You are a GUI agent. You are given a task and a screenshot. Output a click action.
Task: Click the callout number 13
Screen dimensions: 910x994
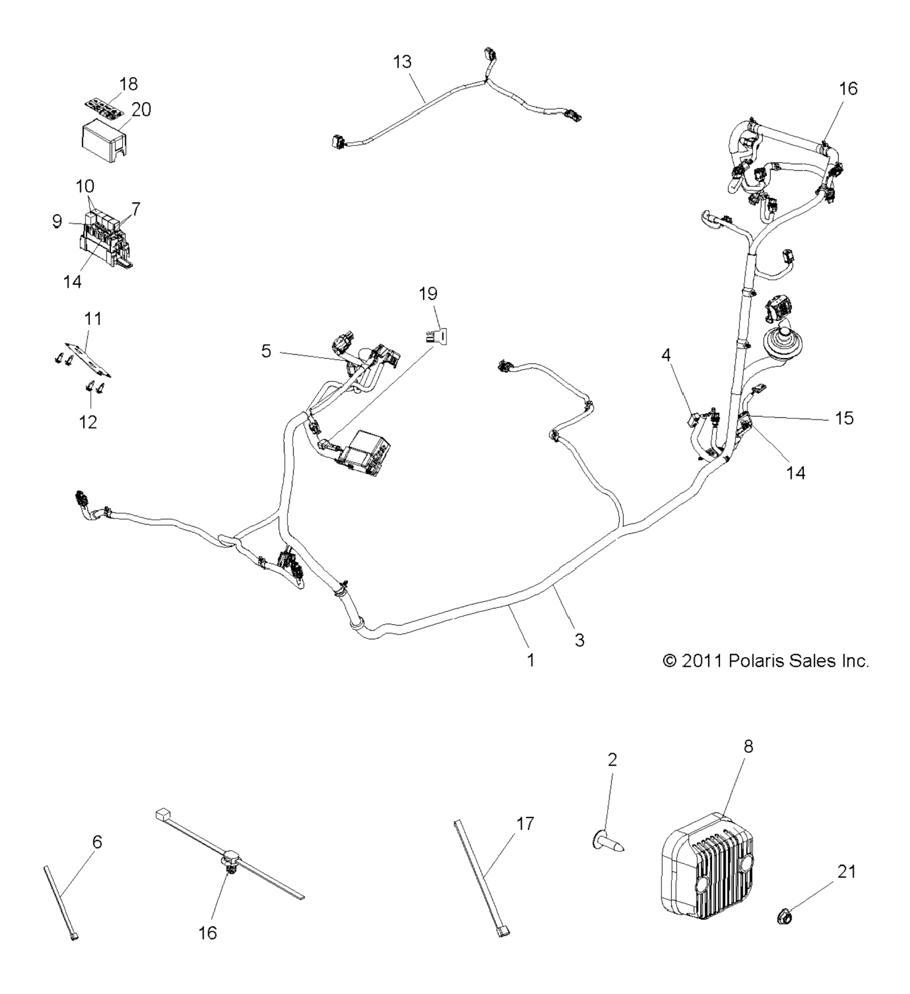[402, 62]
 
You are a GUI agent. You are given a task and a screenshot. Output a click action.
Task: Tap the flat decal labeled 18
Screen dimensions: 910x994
[102, 108]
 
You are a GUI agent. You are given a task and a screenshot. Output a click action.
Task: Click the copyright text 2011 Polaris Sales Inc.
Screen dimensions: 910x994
[766, 661]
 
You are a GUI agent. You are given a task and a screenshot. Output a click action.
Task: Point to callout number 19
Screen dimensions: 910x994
[428, 294]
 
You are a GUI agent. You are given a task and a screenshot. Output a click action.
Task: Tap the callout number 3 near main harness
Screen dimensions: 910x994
[579, 640]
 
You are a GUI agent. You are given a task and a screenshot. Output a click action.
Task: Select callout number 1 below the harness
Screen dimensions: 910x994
[531, 660]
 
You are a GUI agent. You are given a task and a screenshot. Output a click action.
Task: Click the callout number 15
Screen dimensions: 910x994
[844, 418]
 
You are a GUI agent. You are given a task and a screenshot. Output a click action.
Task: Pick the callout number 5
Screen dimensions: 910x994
[267, 351]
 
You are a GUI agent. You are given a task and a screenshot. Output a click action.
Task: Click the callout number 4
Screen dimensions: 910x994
[666, 355]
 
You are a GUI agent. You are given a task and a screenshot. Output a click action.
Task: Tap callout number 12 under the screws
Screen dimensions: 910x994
[88, 422]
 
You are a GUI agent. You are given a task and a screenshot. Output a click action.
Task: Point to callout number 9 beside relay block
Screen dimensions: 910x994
[57, 221]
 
